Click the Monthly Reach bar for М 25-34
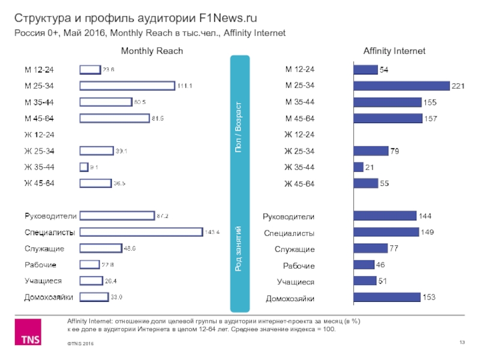[x=127, y=86]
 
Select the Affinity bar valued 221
[x=402, y=86]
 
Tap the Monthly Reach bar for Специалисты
[x=141, y=232]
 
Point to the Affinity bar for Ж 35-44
[x=359, y=166]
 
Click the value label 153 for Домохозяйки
[x=428, y=296]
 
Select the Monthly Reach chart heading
[x=152, y=52]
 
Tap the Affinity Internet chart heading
[x=394, y=52]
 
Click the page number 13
[x=463, y=342]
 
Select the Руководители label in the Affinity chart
[x=290, y=216]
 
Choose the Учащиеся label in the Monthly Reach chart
[x=43, y=280]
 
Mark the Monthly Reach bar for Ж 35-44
[x=83, y=167]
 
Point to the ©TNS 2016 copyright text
[x=82, y=343]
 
